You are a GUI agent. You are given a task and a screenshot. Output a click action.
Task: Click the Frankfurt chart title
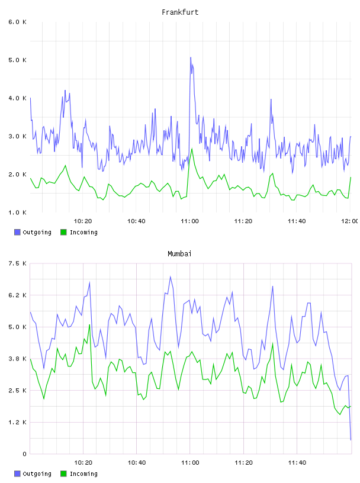(x=180, y=12)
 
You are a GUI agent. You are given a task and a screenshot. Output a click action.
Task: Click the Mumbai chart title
(x=179, y=254)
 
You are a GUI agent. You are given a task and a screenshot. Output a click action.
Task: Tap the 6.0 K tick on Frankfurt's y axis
(x=17, y=22)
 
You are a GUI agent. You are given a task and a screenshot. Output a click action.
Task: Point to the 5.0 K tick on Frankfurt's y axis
(x=17, y=60)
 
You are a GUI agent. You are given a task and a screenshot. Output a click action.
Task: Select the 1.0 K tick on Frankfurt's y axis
(x=17, y=212)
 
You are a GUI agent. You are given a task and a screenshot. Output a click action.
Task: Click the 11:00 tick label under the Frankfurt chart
(x=189, y=221)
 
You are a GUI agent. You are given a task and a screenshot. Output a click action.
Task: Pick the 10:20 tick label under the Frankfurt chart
(x=83, y=221)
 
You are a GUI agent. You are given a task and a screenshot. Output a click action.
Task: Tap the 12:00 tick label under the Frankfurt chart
(x=350, y=221)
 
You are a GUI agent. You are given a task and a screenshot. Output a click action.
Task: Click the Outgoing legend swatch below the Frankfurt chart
(x=17, y=232)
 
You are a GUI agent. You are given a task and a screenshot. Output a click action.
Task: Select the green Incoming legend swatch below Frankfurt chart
(x=63, y=232)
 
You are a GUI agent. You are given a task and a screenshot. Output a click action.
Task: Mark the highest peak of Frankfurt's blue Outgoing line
(x=191, y=57)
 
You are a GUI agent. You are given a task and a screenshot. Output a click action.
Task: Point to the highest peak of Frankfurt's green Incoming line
(x=192, y=149)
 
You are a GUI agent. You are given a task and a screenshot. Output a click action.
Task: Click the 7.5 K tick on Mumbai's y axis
(x=17, y=263)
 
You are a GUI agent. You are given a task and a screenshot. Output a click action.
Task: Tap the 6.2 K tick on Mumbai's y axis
(x=17, y=295)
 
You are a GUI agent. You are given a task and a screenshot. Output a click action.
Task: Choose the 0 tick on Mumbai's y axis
(x=24, y=454)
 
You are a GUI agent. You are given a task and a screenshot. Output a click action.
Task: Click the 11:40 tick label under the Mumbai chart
(x=297, y=463)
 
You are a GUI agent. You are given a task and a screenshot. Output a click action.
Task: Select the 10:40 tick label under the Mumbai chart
(x=137, y=463)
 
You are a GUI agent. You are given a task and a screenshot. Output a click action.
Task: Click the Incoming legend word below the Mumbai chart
(x=83, y=474)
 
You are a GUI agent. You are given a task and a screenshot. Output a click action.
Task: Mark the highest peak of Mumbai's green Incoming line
(x=89, y=325)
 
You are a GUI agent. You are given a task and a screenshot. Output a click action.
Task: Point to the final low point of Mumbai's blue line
(x=351, y=440)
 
